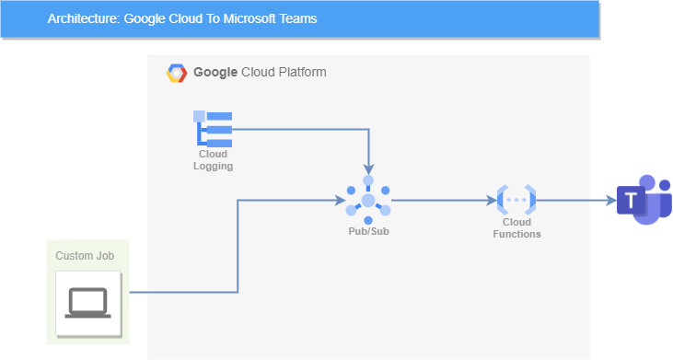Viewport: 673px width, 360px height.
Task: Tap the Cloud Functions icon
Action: click(x=516, y=199)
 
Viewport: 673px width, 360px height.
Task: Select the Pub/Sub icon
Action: click(x=368, y=200)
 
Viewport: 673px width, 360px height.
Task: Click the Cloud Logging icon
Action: click(x=213, y=129)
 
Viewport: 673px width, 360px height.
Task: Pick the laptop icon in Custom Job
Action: click(x=88, y=302)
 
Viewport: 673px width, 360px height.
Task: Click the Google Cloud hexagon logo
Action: click(x=177, y=73)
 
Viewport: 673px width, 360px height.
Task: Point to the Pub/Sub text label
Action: click(x=368, y=231)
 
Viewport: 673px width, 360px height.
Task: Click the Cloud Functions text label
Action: click(x=516, y=228)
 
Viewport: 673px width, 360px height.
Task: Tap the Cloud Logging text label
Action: click(x=213, y=160)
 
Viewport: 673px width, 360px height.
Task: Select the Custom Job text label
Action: click(x=85, y=255)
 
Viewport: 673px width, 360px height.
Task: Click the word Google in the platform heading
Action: click(x=215, y=72)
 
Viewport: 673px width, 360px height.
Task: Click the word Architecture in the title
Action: click(x=82, y=18)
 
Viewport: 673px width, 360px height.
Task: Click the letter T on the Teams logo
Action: click(x=632, y=201)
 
